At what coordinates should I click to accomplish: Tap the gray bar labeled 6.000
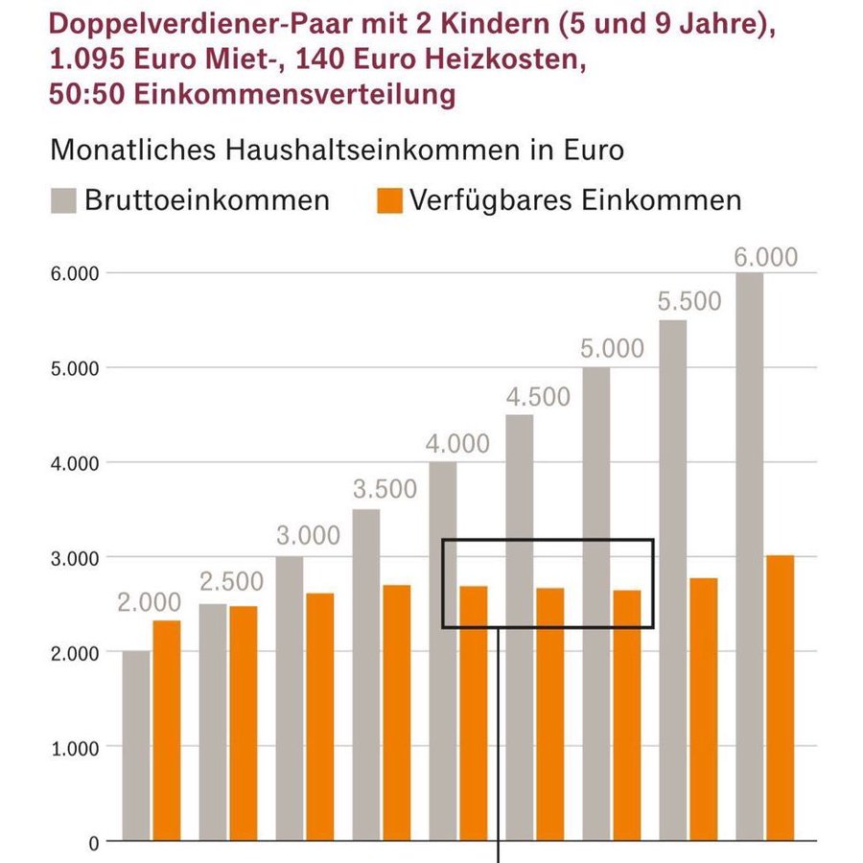pos(750,556)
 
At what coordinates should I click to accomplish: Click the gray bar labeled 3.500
pos(366,675)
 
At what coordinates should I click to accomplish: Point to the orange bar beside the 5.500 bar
pos(704,710)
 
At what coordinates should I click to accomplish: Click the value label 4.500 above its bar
pos(538,397)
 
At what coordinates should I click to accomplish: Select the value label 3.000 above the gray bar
pos(308,536)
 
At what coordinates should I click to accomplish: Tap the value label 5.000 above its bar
pos(613,349)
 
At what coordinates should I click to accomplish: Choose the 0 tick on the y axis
pos(94,843)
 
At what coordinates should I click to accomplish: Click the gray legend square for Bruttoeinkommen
pos(63,200)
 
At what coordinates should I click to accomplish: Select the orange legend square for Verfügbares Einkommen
pos(387,200)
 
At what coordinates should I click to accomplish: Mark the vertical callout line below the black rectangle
pos(500,738)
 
